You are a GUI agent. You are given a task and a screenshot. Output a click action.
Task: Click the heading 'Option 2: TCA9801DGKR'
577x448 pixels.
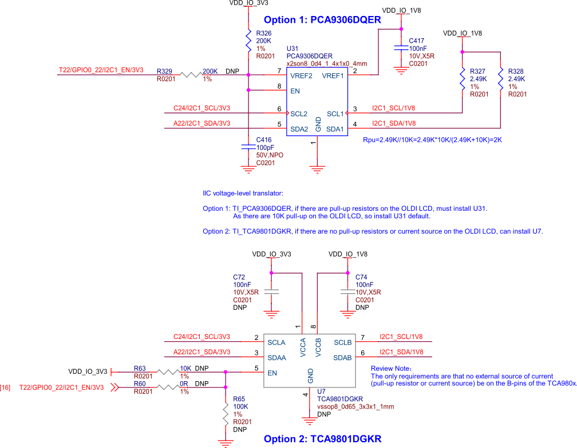[x=322, y=439]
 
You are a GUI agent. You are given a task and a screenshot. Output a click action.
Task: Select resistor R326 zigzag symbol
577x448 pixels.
[x=248, y=41]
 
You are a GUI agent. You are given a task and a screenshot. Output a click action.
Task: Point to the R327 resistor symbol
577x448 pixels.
[x=463, y=78]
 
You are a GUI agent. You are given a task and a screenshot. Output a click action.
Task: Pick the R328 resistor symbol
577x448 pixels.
[x=501, y=78]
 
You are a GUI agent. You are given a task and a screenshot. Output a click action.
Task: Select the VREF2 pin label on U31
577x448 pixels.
[x=302, y=75]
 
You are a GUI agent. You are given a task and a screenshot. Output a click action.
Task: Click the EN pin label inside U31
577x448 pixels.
[x=295, y=90]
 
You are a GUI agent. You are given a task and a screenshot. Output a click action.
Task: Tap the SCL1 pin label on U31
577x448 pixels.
[x=335, y=114]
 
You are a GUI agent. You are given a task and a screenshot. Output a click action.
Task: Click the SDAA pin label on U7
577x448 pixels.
[x=276, y=358]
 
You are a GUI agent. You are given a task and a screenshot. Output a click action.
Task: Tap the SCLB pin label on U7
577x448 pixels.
[x=342, y=342]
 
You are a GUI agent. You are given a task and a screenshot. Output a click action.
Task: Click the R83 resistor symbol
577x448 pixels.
[x=168, y=371]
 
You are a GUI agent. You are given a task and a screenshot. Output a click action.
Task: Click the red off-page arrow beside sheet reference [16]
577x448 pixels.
[x=114, y=387]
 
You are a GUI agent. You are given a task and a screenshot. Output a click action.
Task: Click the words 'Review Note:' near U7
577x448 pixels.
[x=392, y=369]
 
